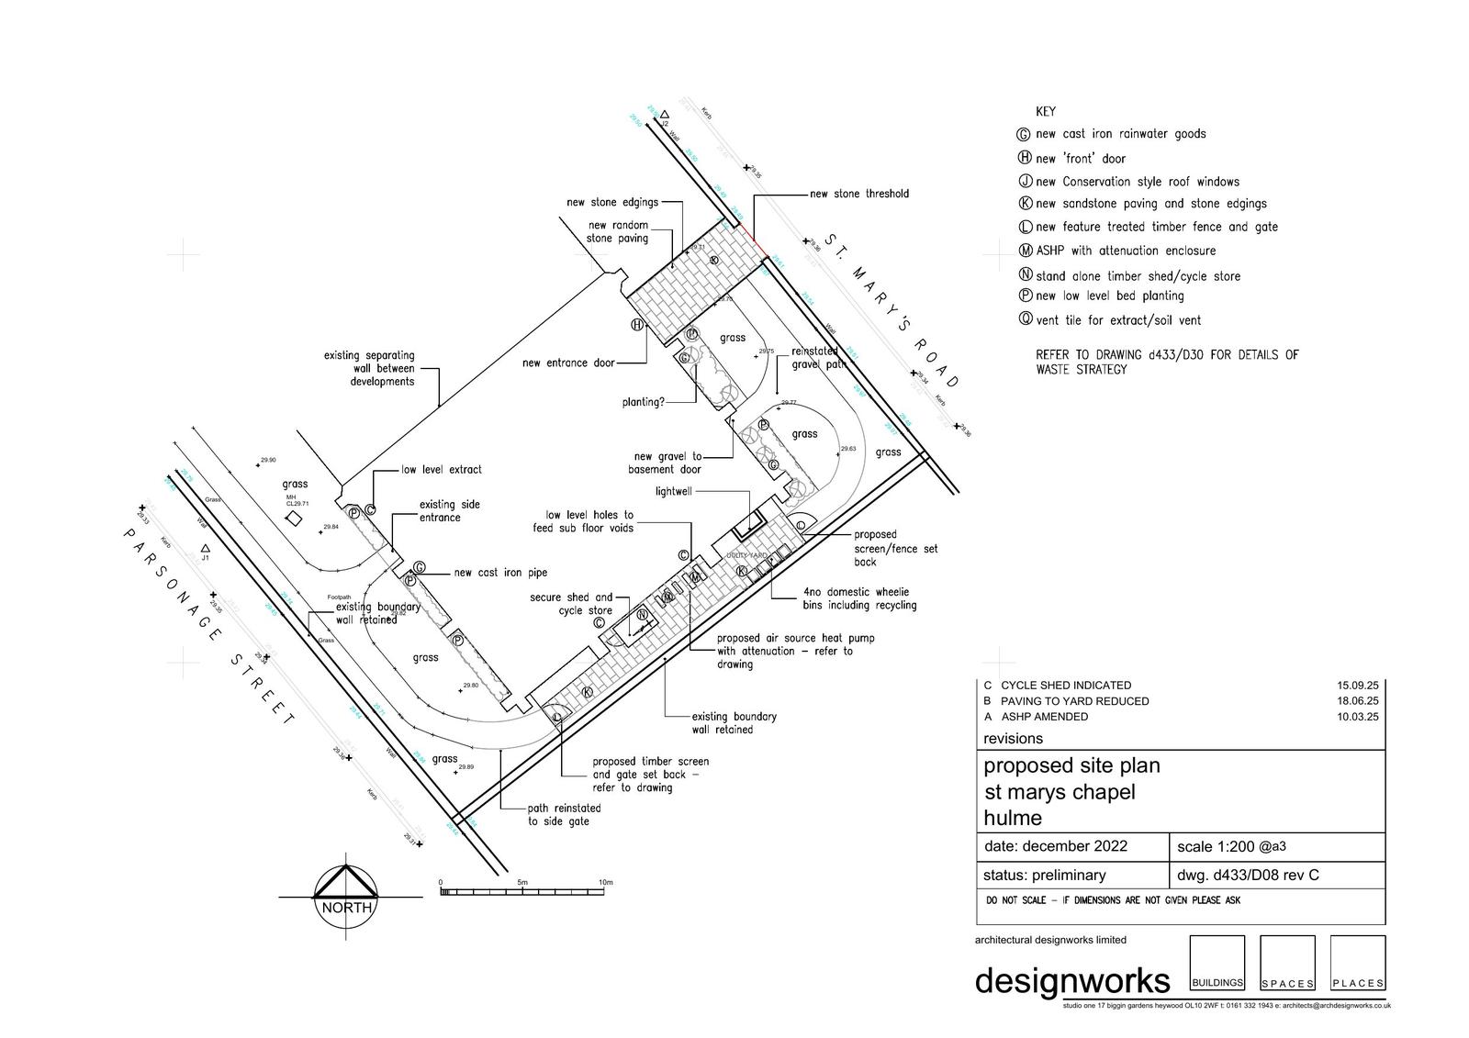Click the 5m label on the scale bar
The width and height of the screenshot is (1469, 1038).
(x=522, y=882)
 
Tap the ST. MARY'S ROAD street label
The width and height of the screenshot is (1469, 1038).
(x=891, y=309)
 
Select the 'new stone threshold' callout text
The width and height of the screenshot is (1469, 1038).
(x=858, y=194)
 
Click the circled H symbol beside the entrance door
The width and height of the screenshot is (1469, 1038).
(x=636, y=324)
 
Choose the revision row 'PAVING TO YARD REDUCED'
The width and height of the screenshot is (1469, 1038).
(x=1074, y=701)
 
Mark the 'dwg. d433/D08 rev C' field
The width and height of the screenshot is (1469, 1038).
(x=1248, y=875)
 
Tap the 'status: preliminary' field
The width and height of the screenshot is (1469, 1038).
(x=1044, y=875)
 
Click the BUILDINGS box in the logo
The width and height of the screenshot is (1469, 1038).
(x=1217, y=963)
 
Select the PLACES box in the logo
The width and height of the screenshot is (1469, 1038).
(x=1357, y=963)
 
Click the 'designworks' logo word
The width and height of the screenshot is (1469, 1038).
(x=1071, y=979)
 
